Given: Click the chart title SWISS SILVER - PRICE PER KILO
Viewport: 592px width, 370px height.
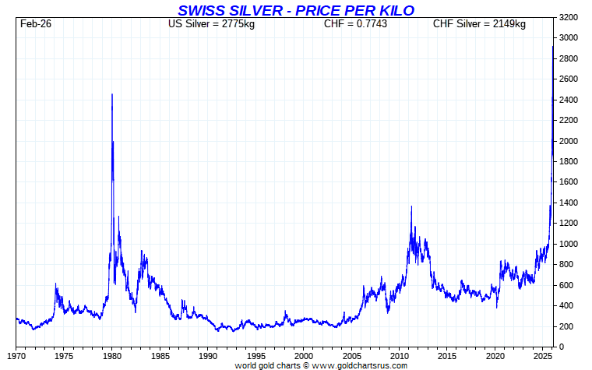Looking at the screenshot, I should pos(296,10).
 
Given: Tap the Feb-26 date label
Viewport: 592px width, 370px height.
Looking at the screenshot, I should pos(36,24).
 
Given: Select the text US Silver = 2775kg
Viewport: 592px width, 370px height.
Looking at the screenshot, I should pos(211,24).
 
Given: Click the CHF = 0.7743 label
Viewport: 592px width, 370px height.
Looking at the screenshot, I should pos(355,24).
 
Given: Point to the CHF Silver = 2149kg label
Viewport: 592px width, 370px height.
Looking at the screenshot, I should pos(479,24).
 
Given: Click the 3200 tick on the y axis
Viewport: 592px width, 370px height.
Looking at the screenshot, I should pos(568,17).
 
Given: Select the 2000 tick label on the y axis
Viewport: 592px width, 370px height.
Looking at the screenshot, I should pos(568,141).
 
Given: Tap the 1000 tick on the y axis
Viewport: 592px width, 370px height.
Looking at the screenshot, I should pos(568,244).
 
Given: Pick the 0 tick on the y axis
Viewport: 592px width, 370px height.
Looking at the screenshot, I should pos(561,347).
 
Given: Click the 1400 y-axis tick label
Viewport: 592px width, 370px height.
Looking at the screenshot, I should pos(568,203).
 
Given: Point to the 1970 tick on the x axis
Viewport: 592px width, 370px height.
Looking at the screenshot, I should pos(16,356).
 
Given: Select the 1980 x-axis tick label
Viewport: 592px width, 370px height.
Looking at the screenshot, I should pos(112,356).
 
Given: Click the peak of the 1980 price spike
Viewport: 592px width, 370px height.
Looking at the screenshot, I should pos(112,94).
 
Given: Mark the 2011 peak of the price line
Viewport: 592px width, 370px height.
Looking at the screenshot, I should pos(412,206).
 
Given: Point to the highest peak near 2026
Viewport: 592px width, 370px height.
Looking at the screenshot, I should pos(553,47).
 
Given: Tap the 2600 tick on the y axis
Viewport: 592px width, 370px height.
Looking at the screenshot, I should pos(568,79).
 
